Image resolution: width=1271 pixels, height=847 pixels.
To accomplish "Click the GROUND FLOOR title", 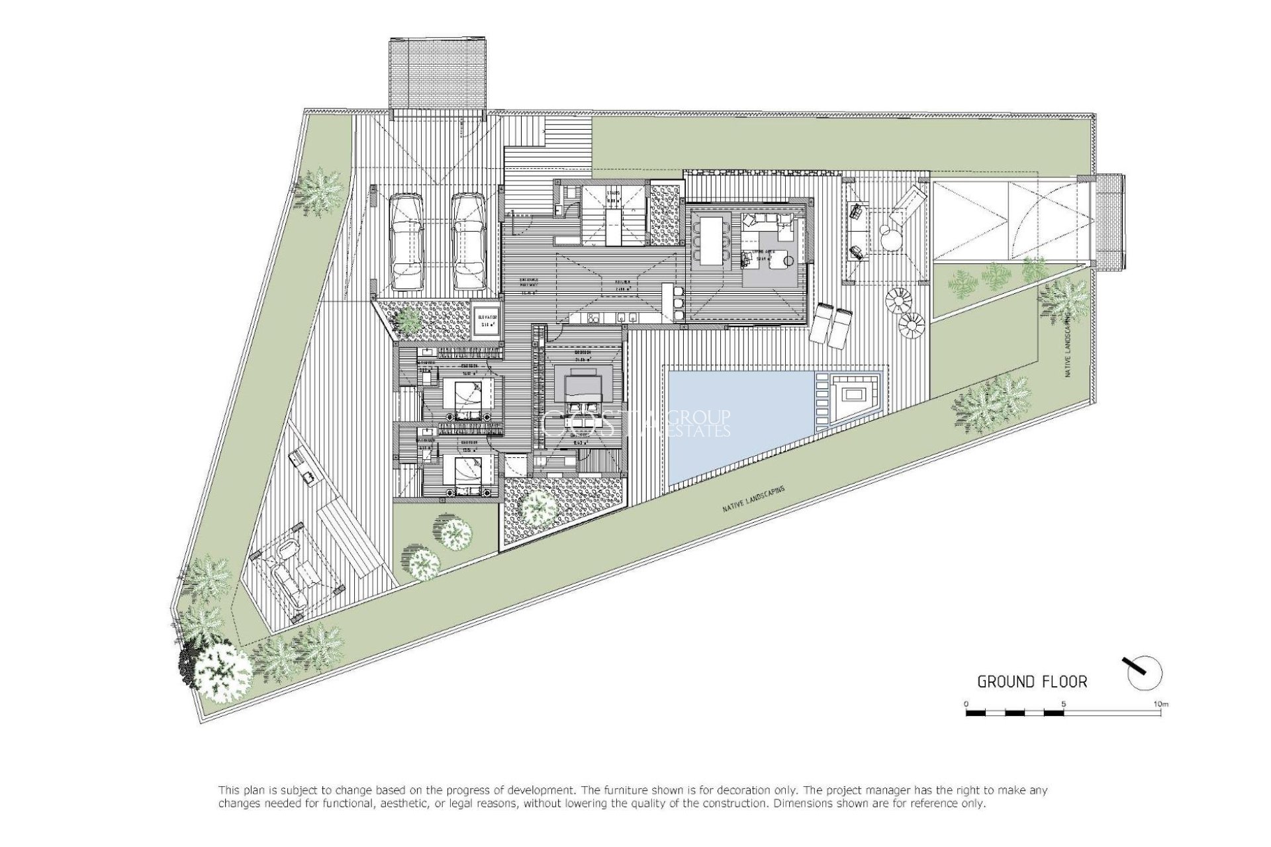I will tap(1032, 682).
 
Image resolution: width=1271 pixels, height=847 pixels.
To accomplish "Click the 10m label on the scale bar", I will tap(1160, 704).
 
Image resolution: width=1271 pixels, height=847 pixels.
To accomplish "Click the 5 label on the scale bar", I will tap(1063, 704).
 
